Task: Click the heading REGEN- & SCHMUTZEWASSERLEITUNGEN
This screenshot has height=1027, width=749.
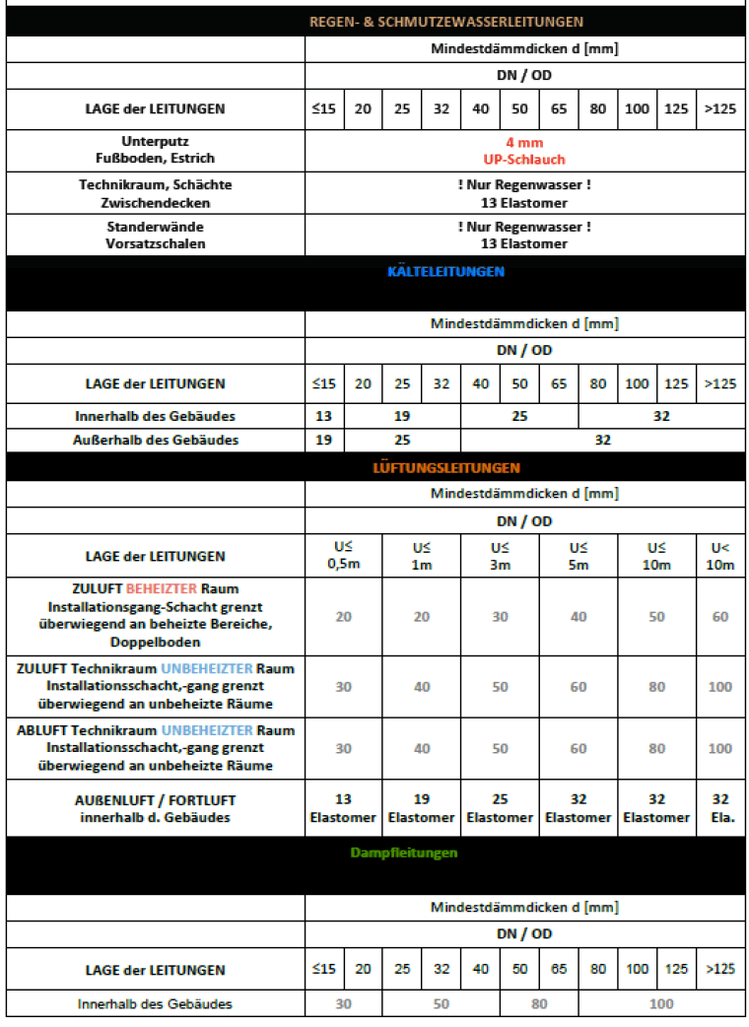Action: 445,21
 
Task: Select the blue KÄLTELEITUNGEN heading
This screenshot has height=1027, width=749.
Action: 445,271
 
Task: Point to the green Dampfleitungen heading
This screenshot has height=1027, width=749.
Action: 404,853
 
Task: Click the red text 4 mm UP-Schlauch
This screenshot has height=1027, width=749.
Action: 524,151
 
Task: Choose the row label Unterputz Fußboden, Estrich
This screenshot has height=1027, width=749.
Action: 155,151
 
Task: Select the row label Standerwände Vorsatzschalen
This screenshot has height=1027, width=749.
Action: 155,236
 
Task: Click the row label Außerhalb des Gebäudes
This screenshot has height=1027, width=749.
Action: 155,440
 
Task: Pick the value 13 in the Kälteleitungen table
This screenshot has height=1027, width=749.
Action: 323,416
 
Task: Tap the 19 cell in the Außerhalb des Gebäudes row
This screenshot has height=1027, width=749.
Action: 323,440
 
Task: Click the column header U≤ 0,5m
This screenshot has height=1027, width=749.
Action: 343,556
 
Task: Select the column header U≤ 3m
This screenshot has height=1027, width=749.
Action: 500,556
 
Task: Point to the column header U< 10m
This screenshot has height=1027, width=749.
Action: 720,556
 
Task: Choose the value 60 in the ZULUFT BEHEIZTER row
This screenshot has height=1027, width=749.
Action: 720,617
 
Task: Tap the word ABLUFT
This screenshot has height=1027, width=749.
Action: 40,730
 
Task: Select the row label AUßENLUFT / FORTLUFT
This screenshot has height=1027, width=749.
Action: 155,799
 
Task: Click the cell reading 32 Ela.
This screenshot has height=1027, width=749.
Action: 720,808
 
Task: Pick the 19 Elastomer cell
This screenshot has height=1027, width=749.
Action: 421,808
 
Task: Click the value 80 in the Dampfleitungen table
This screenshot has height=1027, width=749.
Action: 539,1004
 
